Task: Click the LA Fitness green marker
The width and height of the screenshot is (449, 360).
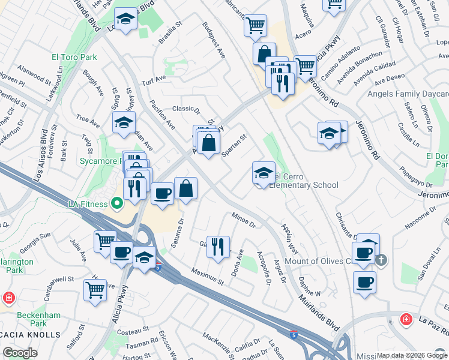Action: pos(118,203)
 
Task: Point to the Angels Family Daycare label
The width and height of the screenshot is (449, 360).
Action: pos(409,94)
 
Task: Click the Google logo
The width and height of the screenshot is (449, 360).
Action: pos(20,353)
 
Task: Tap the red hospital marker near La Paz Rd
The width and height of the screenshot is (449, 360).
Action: pos(406,319)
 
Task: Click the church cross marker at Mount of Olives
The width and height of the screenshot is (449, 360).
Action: pos(381,260)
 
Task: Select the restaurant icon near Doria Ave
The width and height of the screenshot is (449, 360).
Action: pos(218,245)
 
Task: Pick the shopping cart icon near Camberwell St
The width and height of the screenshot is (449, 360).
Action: pos(95,290)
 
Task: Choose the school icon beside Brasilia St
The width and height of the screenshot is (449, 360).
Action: pos(126,19)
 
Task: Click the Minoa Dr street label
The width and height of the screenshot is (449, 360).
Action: pos(244,220)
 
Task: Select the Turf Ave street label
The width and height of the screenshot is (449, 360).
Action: pos(153,79)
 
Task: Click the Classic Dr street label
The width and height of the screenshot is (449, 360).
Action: pos(185,109)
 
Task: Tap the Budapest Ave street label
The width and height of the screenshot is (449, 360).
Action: pos(214,41)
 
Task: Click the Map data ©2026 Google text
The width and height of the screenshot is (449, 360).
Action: pos(412,355)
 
